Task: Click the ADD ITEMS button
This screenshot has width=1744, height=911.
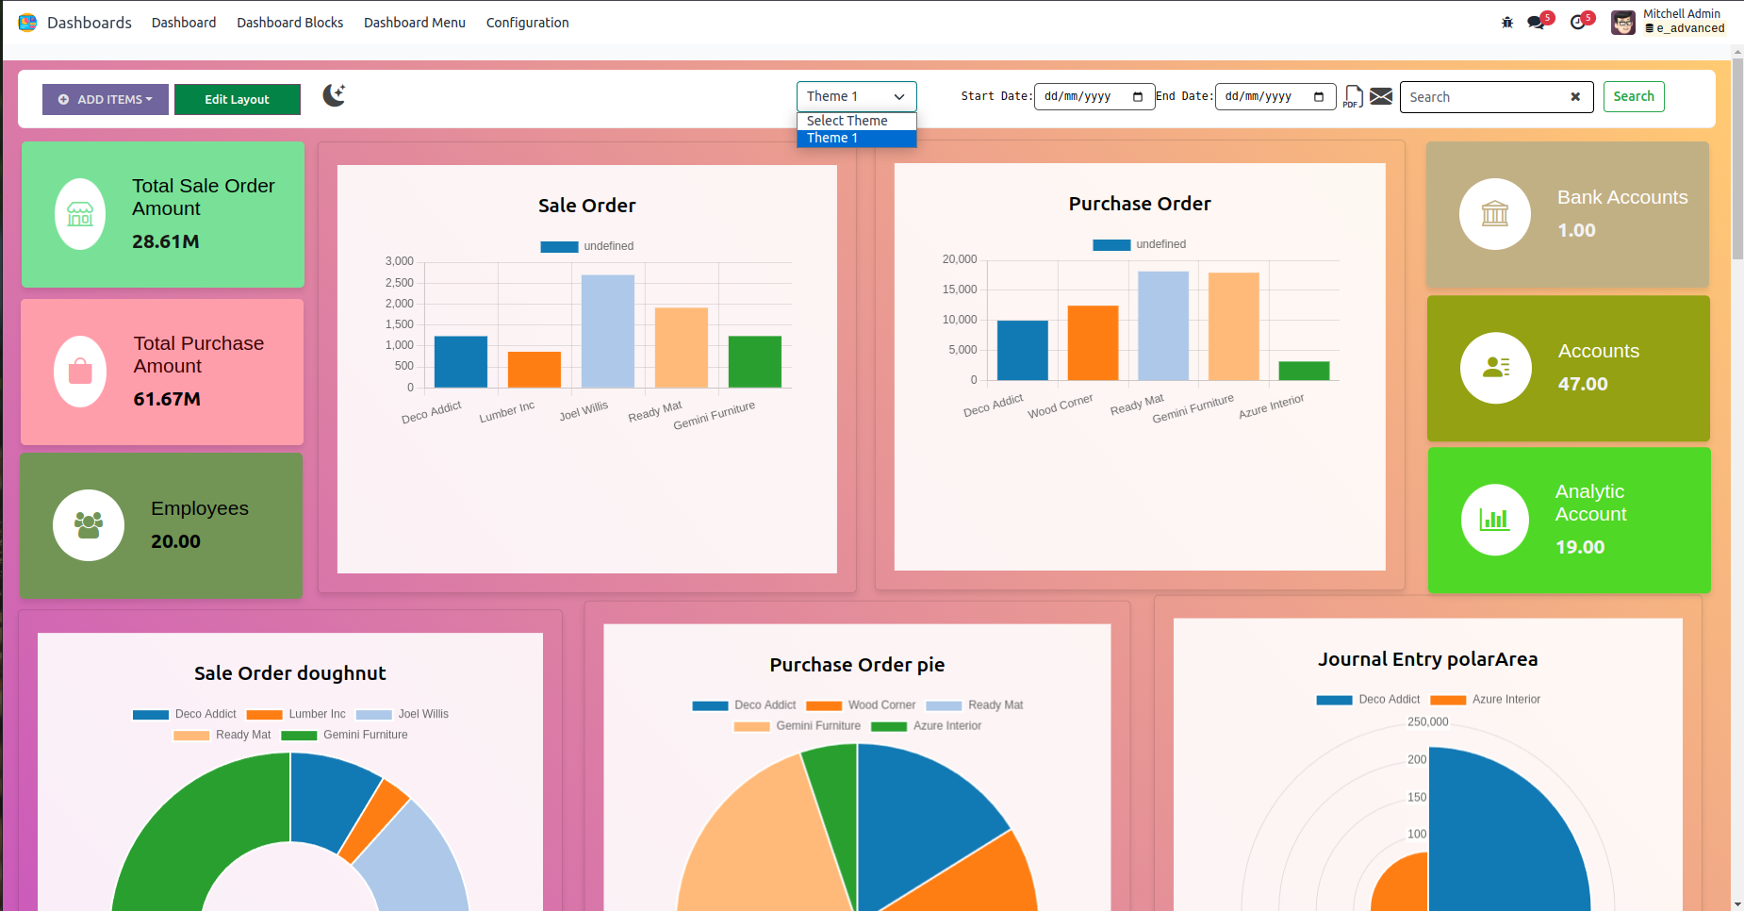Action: pyautogui.click(x=105, y=99)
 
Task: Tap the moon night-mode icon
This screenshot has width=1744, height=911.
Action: pyautogui.click(x=334, y=95)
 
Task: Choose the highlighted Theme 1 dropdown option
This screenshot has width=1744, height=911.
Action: pyautogui.click(x=856, y=139)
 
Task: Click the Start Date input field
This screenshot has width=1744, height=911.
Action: pyautogui.click(x=1084, y=96)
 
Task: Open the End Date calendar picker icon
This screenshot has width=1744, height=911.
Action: pyautogui.click(x=1319, y=96)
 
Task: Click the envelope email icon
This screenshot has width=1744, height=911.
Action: pyautogui.click(x=1381, y=96)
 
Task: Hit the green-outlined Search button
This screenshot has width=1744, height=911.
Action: pyautogui.click(x=1633, y=96)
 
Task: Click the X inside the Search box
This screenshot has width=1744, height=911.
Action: pyautogui.click(x=1575, y=97)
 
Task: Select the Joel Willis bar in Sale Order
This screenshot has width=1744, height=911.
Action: pyautogui.click(x=608, y=331)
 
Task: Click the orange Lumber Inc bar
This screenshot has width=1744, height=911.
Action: pyautogui.click(x=535, y=370)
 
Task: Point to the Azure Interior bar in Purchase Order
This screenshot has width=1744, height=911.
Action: pyautogui.click(x=1304, y=371)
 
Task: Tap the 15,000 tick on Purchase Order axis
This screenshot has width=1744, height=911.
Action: pyautogui.click(x=960, y=290)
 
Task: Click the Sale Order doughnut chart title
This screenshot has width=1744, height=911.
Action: pyautogui.click(x=290, y=673)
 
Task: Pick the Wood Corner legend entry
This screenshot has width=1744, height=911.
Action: pyautogui.click(x=881, y=705)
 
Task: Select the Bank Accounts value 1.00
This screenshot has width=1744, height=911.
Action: pyautogui.click(x=1576, y=230)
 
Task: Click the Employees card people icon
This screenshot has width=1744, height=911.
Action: pyautogui.click(x=89, y=525)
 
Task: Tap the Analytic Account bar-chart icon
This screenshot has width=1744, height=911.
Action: pyautogui.click(x=1494, y=520)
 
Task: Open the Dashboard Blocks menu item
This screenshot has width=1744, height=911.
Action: pyautogui.click(x=289, y=23)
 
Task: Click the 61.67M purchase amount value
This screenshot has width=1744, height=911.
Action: pyautogui.click(x=167, y=399)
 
